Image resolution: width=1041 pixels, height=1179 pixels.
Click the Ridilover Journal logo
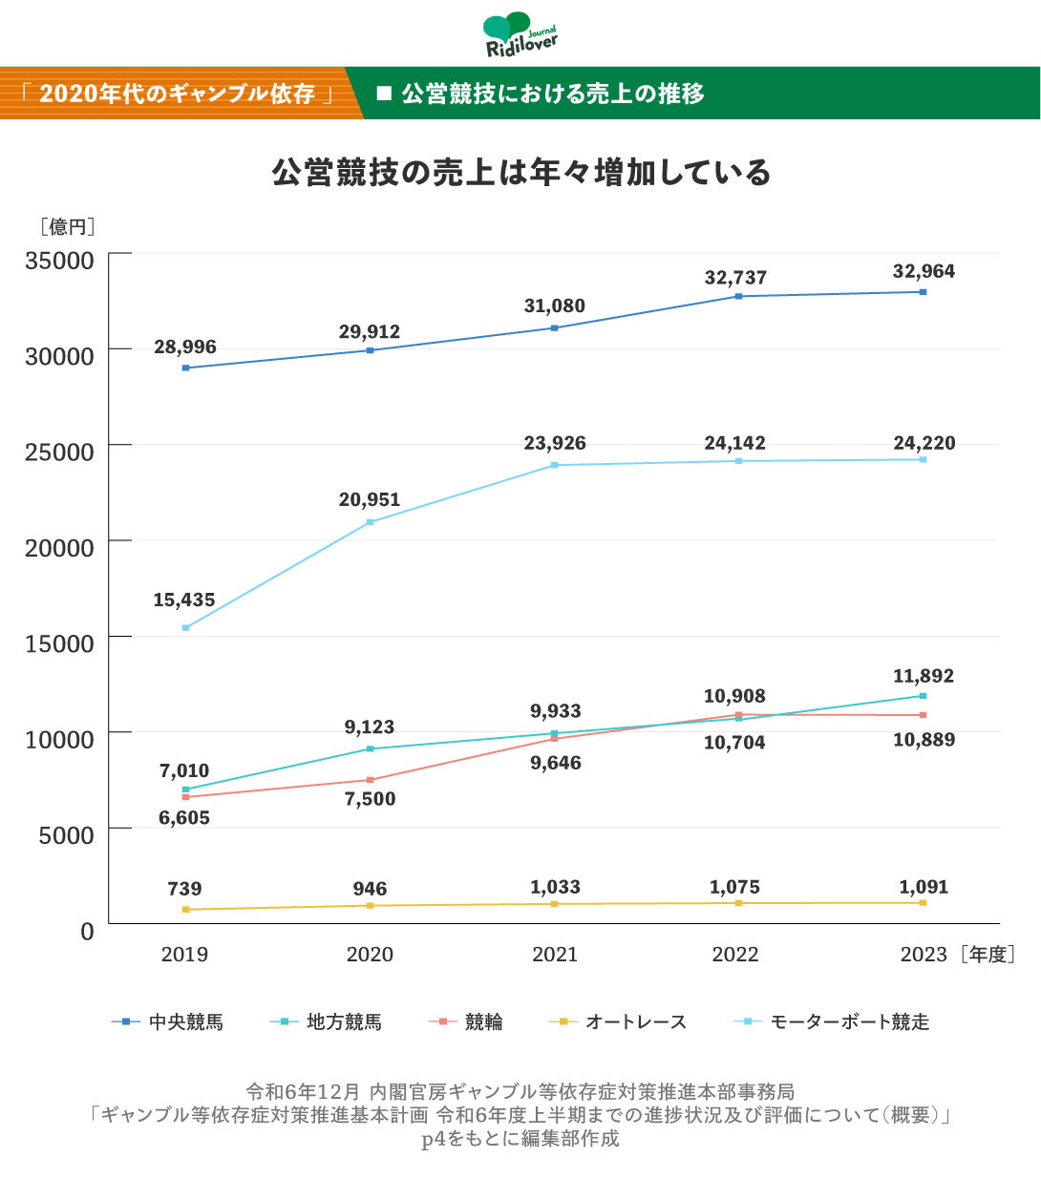click(x=520, y=35)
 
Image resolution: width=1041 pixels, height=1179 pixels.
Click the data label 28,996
click(x=185, y=347)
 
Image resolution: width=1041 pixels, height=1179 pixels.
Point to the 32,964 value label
click(x=924, y=271)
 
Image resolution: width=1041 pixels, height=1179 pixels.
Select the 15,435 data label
click(x=184, y=600)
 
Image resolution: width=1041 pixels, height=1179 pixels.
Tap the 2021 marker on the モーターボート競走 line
click(x=555, y=465)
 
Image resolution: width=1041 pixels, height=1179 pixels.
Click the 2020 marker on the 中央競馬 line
click(x=371, y=350)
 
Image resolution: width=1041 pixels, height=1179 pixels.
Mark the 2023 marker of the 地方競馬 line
click(x=924, y=696)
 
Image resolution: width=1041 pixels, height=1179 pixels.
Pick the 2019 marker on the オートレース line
click(x=185, y=910)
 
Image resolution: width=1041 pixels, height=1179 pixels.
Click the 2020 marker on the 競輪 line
click(x=371, y=780)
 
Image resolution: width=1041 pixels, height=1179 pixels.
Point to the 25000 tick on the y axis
click(x=59, y=452)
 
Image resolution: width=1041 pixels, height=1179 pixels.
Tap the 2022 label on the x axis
click(x=735, y=955)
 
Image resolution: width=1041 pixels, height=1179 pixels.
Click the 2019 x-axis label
click(x=184, y=955)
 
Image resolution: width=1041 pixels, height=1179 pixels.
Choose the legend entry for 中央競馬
click(x=168, y=1022)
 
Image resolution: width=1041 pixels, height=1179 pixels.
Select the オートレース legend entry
click(x=618, y=1022)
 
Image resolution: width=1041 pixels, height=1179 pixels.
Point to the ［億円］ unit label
click(x=67, y=227)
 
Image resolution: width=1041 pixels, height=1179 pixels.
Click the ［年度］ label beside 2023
click(x=988, y=955)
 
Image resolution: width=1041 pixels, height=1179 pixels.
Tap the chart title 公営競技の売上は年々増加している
click(x=520, y=173)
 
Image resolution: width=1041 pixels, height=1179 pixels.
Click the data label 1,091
click(x=924, y=887)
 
